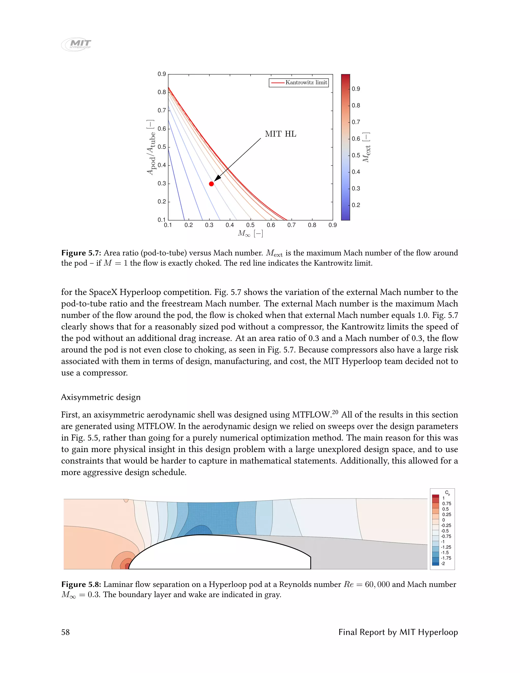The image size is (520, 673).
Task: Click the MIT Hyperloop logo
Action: click(76, 44)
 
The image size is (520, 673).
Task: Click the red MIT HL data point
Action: click(211, 184)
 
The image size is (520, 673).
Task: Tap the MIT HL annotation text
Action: click(280, 134)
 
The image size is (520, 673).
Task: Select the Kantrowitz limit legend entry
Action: click(299, 83)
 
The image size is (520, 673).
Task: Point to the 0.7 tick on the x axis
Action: click(291, 225)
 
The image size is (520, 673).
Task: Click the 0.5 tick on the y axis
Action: click(162, 147)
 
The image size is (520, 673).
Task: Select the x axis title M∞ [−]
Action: click(250, 234)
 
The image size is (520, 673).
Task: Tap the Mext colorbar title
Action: click(366, 147)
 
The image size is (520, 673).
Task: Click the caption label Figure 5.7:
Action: click(81, 253)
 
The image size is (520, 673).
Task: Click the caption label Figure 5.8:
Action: click(81, 585)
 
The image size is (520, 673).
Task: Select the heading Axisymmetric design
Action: click(101, 397)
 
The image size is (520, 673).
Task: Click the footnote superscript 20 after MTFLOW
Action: click(335, 412)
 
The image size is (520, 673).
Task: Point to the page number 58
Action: click(65, 632)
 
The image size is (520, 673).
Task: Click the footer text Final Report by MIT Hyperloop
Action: click(398, 632)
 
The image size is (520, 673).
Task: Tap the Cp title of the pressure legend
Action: click(447, 493)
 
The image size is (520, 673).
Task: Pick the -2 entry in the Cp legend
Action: click(443, 564)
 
